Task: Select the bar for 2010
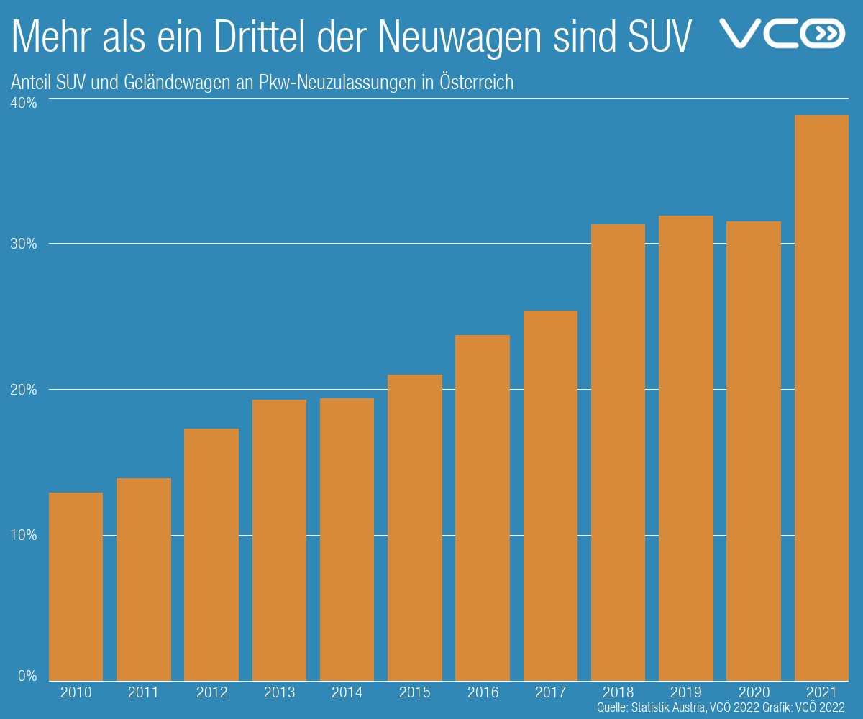[76, 586]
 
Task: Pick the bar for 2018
[618, 452]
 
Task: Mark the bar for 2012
[211, 554]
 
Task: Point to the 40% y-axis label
[23, 104]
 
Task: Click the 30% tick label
[23, 244]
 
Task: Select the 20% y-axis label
[23, 390]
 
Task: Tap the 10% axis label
[23, 536]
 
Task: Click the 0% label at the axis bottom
[26, 676]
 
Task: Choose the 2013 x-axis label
[279, 693]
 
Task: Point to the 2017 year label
[550, 693]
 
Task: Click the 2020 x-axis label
[754, 693]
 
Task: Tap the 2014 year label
[347, 693]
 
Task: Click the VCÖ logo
[782, 33]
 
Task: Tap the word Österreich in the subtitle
[476, 82]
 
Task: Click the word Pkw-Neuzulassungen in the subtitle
[337, 82]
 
